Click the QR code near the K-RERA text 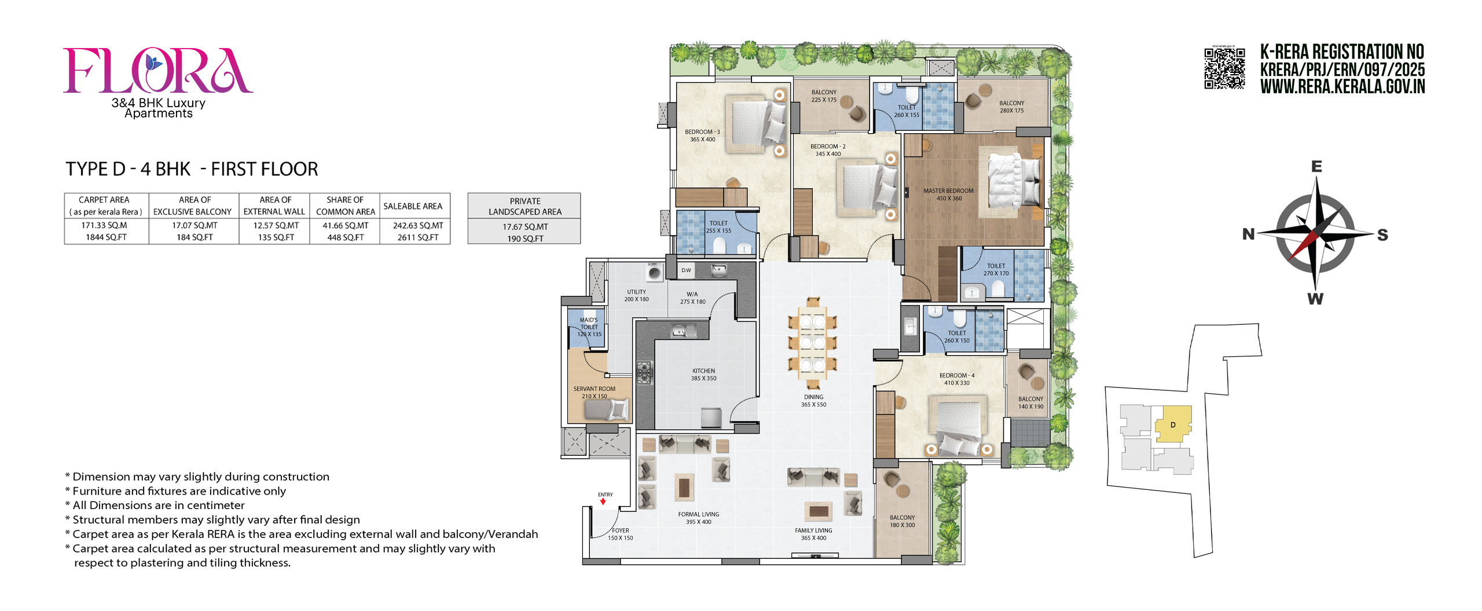1224,68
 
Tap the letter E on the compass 1316,167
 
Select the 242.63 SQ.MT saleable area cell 418,226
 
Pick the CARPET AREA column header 104,200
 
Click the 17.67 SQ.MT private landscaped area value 525,227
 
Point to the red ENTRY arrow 603,502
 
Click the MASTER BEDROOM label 948,191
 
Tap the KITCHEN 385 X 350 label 703,375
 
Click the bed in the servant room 606,410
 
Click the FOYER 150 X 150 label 620,534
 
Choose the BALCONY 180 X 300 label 902,521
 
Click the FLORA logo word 157,71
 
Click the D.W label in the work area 686,270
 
